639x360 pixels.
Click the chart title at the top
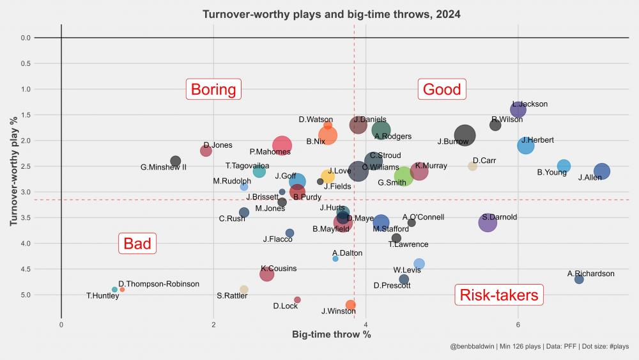pyautogui.click(x=331, y=14)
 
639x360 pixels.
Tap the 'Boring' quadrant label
pyautogui.click(x=213, y=90)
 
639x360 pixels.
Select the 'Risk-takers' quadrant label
pyautogui.click(x=499, y=295)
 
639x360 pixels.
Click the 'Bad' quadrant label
pyautogui.click(x=137, y=243)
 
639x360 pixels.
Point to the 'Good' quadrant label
pyautogui.click(x=442, y=90)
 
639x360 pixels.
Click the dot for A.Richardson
pyautogui.click(x=579, y=279)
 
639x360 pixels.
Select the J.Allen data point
pyautogui.click(x=601, y=171)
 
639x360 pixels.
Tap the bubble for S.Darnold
pyautogui.click(x=488, y=223)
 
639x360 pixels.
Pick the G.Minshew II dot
pyautogui.click(x=176, y=161)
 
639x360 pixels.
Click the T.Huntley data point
pyautogui.click(x=114, y=290)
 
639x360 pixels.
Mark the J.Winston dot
pyautogui.click(x=350, y=305)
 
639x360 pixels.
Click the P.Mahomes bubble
pyautogui.click(x=282, y=146)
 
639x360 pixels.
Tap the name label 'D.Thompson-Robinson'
pyautogui.click(x=158, y=284)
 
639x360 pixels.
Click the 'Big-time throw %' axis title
pyautogui.click(x=331, y=334)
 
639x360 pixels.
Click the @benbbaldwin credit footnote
pyautogui.click(x=539, y=347)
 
